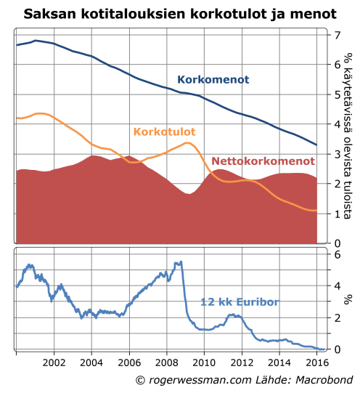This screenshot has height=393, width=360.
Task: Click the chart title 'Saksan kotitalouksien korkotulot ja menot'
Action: coord(180,13)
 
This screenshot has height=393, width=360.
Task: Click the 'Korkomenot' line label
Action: coord(213,79)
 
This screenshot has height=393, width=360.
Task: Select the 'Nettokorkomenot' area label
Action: coord(263,161)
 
